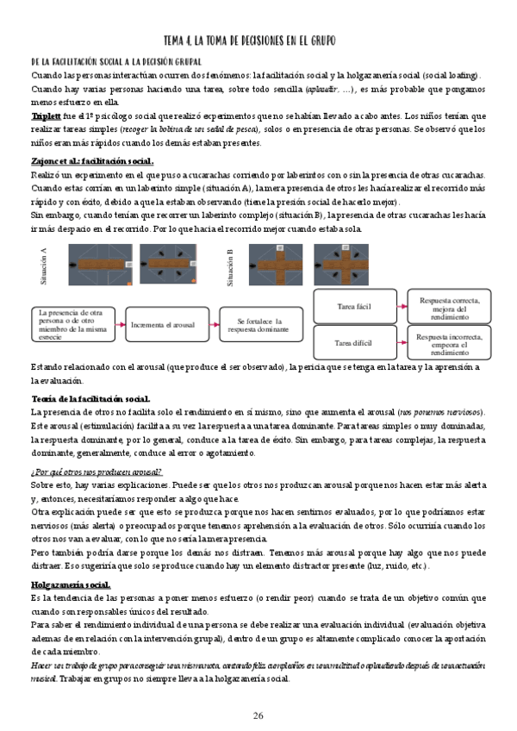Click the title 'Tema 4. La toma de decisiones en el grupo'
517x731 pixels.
(250, 41)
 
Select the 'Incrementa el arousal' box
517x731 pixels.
(163, 325)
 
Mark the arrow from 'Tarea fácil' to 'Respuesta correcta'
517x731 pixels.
(402, 307)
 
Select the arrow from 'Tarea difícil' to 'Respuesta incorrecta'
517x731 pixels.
(402, 342)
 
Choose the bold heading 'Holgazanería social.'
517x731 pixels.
(70, 584)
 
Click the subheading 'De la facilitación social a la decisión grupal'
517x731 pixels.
(115, 62)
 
